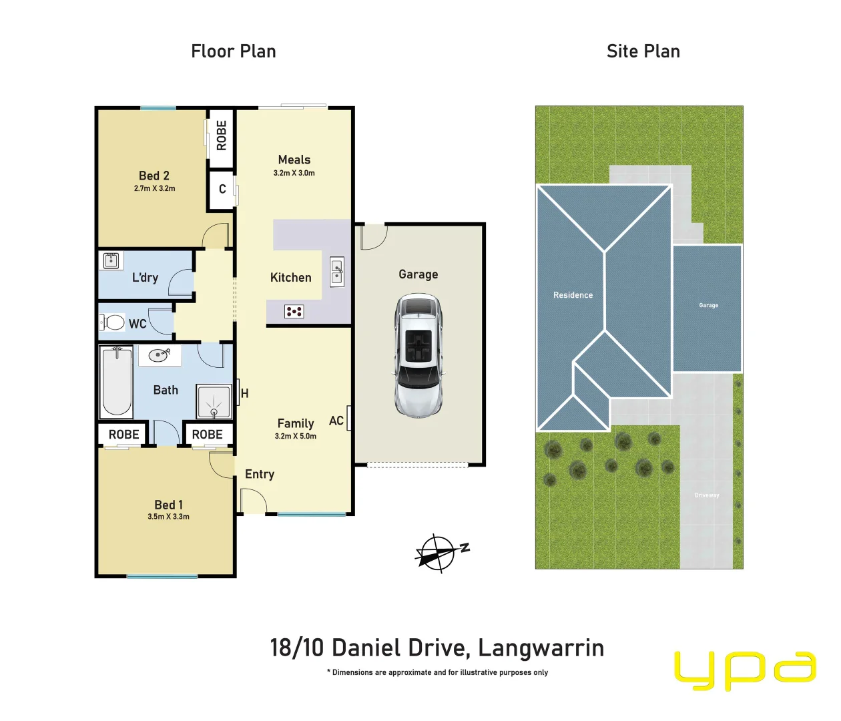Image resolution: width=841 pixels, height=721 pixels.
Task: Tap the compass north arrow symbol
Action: point(439,553)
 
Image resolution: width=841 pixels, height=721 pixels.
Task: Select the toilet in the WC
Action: point(114,323)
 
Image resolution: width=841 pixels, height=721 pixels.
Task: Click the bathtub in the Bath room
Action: point(116,381)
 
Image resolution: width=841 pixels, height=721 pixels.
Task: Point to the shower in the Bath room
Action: point(214,401)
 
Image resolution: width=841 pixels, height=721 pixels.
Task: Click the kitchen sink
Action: point(337,272)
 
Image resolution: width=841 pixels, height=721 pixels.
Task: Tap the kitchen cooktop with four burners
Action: point(294,311)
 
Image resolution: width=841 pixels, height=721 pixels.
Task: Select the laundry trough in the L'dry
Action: point(111,260)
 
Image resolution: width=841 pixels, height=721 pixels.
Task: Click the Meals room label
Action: point(294,160)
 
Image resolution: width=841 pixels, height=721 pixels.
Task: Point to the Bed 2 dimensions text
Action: point(154,189)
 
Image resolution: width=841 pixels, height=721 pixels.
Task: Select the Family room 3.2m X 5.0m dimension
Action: point(296,437)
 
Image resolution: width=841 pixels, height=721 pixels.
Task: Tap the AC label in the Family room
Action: point(336,421)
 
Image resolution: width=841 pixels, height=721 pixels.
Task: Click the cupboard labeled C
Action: point(222,190)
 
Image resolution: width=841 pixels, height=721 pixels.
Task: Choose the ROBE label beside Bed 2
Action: point(222,136)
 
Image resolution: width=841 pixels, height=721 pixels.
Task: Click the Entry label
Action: point(260,474)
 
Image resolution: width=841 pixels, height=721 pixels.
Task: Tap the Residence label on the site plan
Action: point(573,295)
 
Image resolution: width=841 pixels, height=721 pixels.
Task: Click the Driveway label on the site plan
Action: point(707,495)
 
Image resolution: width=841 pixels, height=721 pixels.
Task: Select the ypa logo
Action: point(744,670)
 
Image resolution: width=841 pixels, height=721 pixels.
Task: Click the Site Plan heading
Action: point(643,51)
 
